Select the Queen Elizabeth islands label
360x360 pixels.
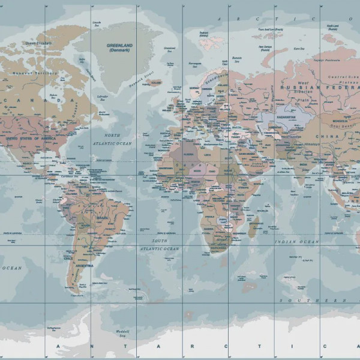(x=38, y=43)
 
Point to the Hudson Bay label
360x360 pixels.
(x=54, y=97)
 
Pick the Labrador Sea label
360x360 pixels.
(x=103, y=98)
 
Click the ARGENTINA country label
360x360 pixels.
(x=85, y=265)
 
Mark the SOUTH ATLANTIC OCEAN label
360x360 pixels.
(x=159, y=245)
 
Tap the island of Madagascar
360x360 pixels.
(x=254, y=227)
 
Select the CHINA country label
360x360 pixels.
(x=331, y=137)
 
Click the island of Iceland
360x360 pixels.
(x=155, y=83)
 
